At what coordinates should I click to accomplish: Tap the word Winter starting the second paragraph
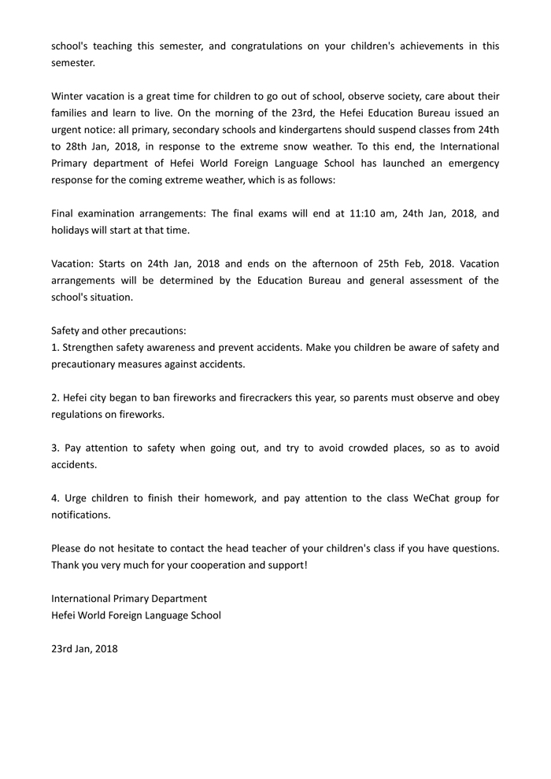71,96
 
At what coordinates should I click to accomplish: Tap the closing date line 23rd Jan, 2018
84,649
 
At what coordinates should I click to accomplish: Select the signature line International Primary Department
129,599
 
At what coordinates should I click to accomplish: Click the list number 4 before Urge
55,498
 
